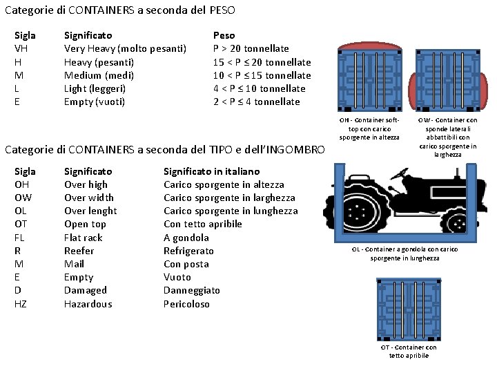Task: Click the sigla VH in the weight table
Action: click(21, 48)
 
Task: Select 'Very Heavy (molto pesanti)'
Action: click(125, 48)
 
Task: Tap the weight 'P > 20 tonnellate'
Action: click(251, 48)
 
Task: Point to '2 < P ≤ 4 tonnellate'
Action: click(256, 102)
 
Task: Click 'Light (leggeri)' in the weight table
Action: click(95, 88)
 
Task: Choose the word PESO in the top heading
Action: click(222, 10)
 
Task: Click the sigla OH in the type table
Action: click(22, 184)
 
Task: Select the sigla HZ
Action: click(21, 304)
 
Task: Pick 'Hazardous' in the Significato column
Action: click(88, 304)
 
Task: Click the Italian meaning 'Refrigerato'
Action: click(188, 251)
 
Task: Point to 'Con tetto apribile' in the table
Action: click(203, 224)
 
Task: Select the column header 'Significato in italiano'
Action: click(212, 171)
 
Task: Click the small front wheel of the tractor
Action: click(457, 222)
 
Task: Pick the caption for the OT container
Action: click(409, 352)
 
